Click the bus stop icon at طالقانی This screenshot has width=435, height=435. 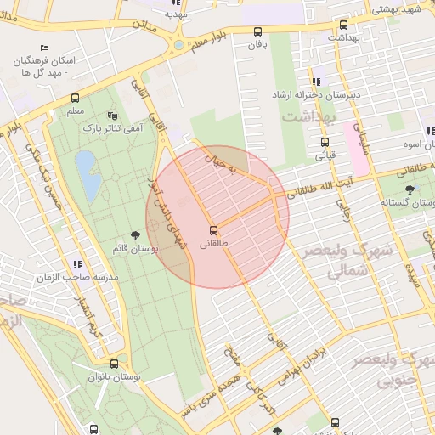(x=212, y=229)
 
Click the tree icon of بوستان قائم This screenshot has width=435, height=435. (x=135, y=234)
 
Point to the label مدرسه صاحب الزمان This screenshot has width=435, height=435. (x=76, y=277)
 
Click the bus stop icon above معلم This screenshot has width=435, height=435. (x=75, y=98)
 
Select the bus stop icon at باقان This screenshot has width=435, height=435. (x=258, y=33)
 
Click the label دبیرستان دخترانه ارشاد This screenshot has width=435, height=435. (x=318, y=95)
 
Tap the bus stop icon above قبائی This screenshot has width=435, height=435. (x=325, y=143)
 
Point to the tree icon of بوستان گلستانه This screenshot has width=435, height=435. (x=411, y=189)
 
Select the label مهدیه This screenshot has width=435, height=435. (x=177, y=14)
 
